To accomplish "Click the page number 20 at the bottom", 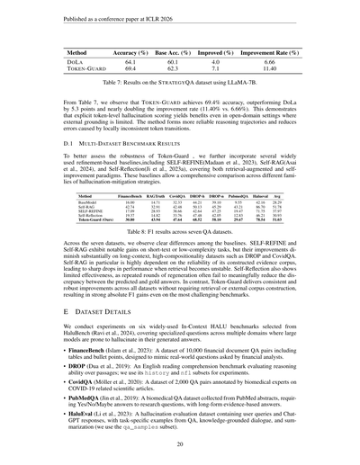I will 180,443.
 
